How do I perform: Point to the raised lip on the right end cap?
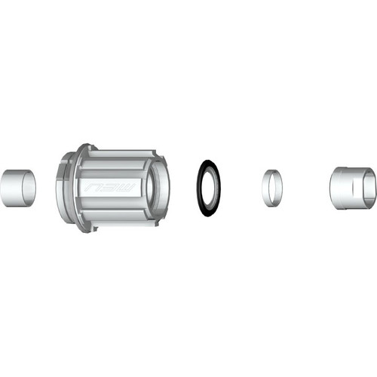click(336, 187)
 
